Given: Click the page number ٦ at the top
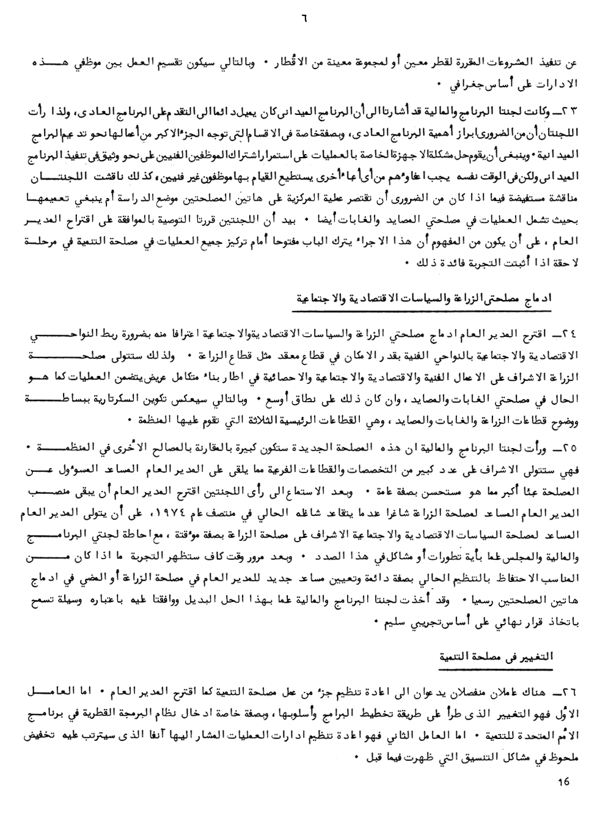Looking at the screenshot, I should (305, 17).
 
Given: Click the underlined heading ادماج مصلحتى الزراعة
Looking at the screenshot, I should (446, 300).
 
